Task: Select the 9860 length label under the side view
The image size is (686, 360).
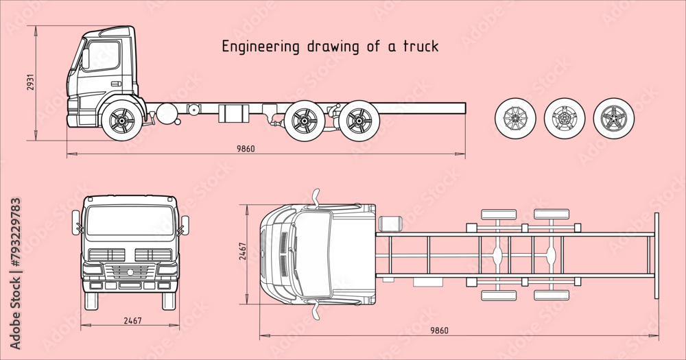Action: [246, 149]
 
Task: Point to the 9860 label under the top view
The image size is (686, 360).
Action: [439, 331]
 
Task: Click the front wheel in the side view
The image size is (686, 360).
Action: [121, 121]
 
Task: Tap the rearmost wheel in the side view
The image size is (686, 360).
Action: [357, 121]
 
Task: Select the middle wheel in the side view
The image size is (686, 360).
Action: [304, 121]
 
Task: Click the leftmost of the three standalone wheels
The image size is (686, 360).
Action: [514, 117]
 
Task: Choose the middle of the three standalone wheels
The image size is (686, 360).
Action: [564, 117]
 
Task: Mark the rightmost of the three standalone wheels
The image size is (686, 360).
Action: [613, 117]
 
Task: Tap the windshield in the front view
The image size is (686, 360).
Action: [130, 220]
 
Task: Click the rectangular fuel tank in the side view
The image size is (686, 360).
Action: [232, 113]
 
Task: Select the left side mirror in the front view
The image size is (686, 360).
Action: [75, 223]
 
